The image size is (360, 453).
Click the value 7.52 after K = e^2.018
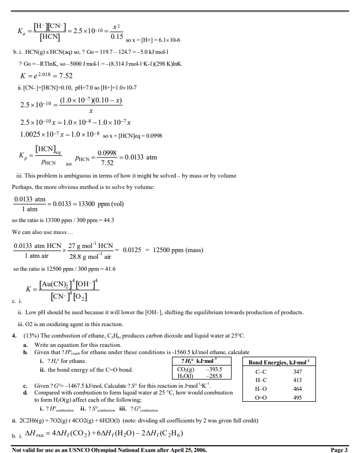(x=65, y=76)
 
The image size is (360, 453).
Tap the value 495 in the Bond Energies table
(x=297, y=398)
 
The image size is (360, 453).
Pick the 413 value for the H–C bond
(x=297, y=380)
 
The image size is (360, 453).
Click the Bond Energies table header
(x=279, y=363)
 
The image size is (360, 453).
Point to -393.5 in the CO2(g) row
(x=214, y=370)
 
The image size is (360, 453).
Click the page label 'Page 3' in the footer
(x=339, y=449)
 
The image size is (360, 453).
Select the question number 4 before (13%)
(x=14, y=336)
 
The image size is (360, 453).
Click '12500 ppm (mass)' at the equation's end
(x=178, y=250)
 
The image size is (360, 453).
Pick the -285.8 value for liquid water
(x=214, y=376)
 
